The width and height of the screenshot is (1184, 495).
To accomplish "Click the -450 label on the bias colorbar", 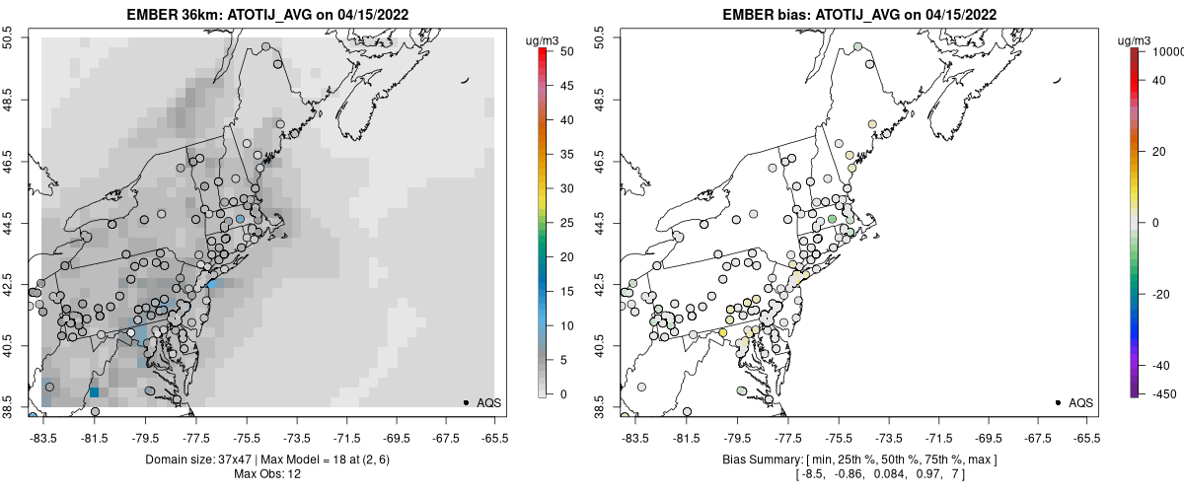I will (x=1162, y=394).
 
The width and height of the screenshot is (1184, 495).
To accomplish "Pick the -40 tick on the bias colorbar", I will (x=1158, y=365).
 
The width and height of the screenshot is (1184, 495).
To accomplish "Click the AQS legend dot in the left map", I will (x=466, y=402).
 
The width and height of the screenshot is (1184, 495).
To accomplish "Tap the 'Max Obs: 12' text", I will (x=266, y=474).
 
